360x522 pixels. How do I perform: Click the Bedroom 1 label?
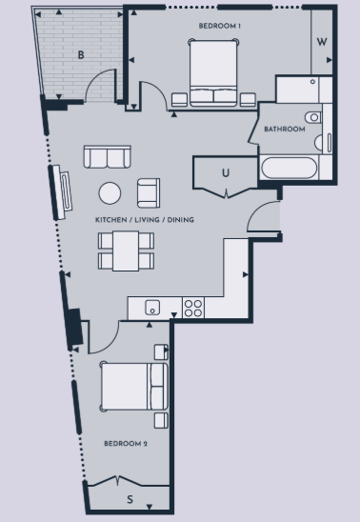pos(220,26)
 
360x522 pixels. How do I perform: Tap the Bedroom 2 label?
pos(126,444)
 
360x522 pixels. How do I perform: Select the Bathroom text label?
pos(285,129)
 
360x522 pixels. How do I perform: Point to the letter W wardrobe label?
pos(322,42)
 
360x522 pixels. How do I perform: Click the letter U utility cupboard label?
pos(226,172)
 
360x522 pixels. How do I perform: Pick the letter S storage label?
pos(130,499)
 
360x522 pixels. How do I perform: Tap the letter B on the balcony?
pos(81,55)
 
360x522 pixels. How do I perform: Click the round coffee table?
pos(110,193)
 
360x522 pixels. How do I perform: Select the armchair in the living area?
pos(149,193)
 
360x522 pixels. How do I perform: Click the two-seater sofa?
pos(107,156)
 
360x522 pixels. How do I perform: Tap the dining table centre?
pos(126,251)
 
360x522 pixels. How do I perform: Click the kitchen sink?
pos(152,308)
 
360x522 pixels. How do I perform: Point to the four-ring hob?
pos(193,308)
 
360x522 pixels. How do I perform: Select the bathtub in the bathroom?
pos(290,168)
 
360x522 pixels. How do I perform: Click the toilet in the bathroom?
pos(313,117)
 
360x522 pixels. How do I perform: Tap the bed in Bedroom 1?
pos(213,73)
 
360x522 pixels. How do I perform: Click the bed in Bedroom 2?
pos(133,386)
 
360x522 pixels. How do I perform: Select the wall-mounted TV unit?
pos(61,192)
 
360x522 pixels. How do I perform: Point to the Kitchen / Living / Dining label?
pos(145,220)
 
